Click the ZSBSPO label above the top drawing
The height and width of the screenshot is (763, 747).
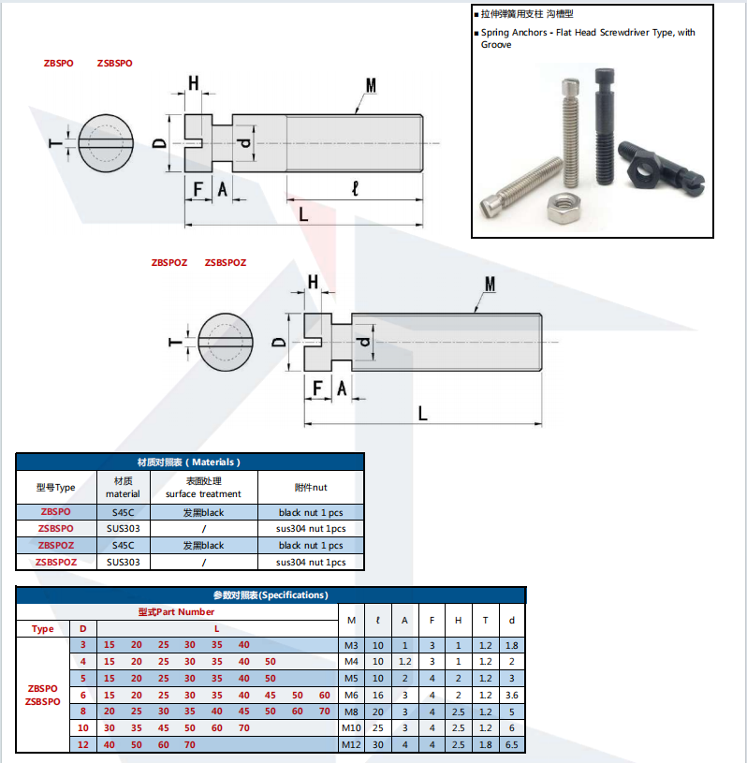click(114, 64)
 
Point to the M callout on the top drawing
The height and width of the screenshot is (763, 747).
click(371, 86)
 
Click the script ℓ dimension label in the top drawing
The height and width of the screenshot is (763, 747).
click(353, 188)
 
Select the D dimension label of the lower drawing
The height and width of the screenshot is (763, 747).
click(279, 342)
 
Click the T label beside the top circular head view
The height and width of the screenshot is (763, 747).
click(56, 145)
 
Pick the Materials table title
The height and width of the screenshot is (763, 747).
click(189, 462)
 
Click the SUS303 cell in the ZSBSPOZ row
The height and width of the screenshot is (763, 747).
click(123, 563)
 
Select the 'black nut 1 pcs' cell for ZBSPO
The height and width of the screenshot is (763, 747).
click(311, 512)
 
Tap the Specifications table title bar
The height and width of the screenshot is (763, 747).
click(271, 594)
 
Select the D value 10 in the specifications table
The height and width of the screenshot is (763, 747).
click(82, 727)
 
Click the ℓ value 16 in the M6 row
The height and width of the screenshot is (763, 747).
click(378, 695)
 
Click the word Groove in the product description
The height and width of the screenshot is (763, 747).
click(497, 45)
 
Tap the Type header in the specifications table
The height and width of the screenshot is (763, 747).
click(43, 629)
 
